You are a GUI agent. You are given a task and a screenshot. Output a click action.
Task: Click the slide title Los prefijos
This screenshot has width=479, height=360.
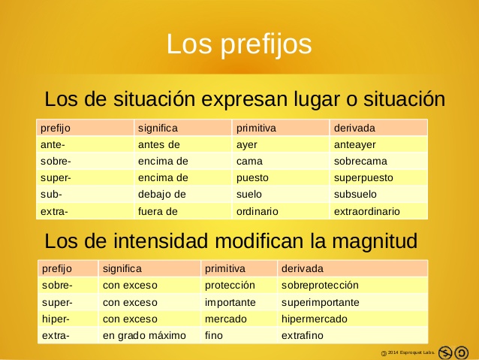pyautogui.click(x=239, y=44)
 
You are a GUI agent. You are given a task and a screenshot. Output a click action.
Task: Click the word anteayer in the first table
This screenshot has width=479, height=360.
pyautogui.click(x=355, y=144)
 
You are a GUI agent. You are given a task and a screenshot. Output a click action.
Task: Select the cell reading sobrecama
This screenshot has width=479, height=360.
pyautogui.click(x=360, y=161)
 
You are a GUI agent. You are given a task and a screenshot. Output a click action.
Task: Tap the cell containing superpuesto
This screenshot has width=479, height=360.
pyautogui.click(x=363, y=178)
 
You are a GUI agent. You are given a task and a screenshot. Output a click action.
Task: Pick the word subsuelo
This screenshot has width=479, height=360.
pyautogui.click(x=356, y=195)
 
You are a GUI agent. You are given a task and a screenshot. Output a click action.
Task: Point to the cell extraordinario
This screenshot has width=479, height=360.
pyautogui.click(x=367, y=211)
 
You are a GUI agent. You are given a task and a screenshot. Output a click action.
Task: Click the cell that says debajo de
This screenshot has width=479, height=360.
pyautogui.click(x=161, y=195)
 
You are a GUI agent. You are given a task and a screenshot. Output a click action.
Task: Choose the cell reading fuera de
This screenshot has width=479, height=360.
pyautogui.click(x=158, y=211)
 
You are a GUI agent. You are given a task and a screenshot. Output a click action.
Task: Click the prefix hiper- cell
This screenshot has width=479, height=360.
pyautogui.click(x=56, y=319)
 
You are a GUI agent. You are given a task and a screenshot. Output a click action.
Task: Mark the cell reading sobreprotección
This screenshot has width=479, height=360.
pyautogui.click(x=320, y=286)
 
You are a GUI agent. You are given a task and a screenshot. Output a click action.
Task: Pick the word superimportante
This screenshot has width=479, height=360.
pyautogui.click(x=320, y=302)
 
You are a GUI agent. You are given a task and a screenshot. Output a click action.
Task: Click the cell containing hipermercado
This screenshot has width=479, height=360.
pyautogui.click(x=314, y=319)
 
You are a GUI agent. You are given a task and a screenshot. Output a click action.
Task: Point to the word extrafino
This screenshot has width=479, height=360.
pyautogui.click(x=302, y=335)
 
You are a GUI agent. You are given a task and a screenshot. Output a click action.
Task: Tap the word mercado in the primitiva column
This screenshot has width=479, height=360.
pyautogui.click(x=226, y=319)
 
